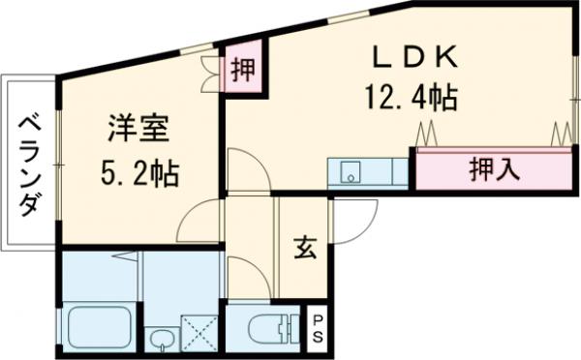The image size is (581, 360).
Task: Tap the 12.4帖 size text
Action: [x=411, y=97]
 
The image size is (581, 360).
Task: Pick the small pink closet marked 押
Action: [x=243, y=71]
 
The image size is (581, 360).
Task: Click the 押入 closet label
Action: [x=494, y=169]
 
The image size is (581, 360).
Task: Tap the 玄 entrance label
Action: [x=302, y=248]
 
